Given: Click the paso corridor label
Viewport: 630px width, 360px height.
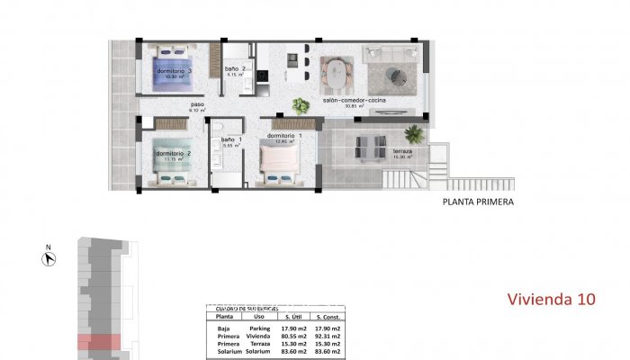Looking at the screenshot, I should [197, 105].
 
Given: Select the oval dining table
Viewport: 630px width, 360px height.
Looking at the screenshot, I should [337, 71].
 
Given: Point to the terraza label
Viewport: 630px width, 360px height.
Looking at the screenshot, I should [402, 151].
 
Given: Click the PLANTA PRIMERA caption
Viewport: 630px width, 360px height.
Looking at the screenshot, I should [478, 202].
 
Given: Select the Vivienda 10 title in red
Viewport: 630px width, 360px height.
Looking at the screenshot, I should [551, 299].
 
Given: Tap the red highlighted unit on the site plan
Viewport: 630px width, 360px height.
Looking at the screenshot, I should [98, 343].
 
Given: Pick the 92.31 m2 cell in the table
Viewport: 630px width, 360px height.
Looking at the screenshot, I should [325, 337].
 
